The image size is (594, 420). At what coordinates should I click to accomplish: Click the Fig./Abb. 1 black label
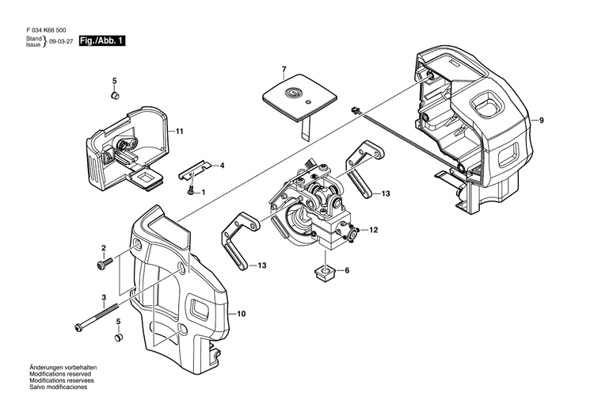coord(101,40)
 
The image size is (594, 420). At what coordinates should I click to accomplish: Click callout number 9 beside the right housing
coord(542,120)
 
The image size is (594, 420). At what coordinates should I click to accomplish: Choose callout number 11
coord(180,131)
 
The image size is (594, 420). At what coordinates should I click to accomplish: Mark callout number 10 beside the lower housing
coord(241,315)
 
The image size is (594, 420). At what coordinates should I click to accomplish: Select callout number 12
coord(374,231)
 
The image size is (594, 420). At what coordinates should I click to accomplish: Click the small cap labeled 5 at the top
coord(114,96)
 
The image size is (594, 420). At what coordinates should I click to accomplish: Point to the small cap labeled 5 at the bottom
coord(119,338)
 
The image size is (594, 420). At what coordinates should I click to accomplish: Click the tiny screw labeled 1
coord(190,190)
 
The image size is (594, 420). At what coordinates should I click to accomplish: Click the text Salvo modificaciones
coord(59,388)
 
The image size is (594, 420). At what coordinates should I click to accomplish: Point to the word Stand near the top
coord(33,37)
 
